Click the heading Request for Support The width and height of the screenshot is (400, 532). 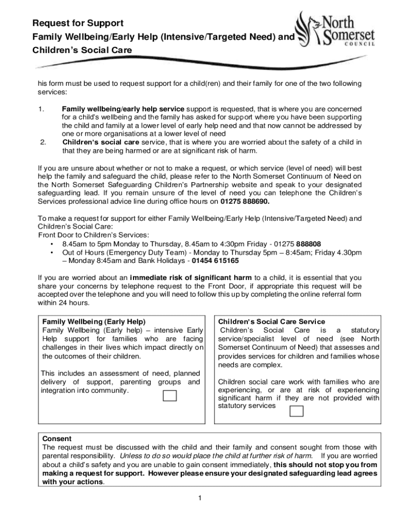[78, 23]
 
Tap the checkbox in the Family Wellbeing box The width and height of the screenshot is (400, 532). [170, 395]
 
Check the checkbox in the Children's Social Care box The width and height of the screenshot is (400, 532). [296, 411]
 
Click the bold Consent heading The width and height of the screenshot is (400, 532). [57, 438]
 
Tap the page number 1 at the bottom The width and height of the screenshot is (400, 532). [199, 498]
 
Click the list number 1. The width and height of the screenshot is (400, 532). [41, 109]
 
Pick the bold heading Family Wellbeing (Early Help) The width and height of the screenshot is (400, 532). [94, 322]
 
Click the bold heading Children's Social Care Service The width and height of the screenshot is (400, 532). [272, 322]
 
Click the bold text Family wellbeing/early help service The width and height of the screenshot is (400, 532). [123, 109]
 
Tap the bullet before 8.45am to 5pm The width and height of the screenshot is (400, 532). [51, 244]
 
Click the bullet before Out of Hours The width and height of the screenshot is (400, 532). [51, 252]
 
